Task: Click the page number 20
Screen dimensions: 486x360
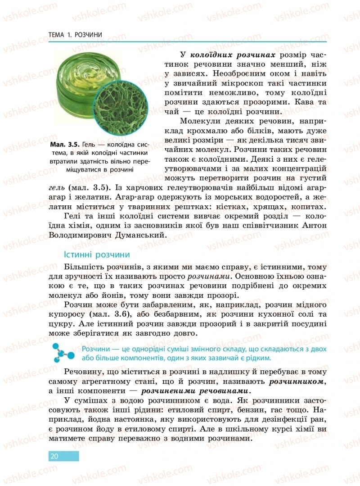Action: tap(54, 456)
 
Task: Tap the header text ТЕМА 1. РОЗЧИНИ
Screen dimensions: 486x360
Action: tap(75, 35)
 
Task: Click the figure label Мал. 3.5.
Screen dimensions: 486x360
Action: tap(65, 145)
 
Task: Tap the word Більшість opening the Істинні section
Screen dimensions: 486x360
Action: tap(84, 266)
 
